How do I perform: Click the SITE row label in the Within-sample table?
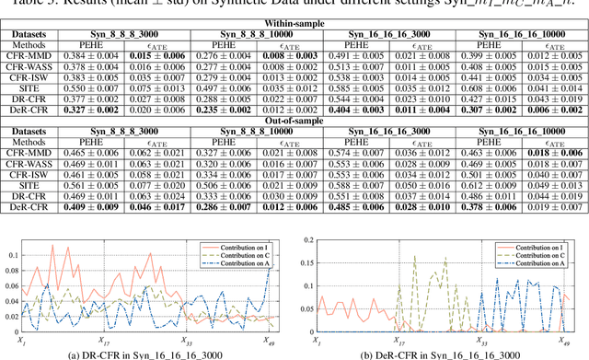coord(31,87)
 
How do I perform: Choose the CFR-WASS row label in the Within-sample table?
coord(31,68)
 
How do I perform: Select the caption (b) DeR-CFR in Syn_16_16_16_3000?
coord(446,354)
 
